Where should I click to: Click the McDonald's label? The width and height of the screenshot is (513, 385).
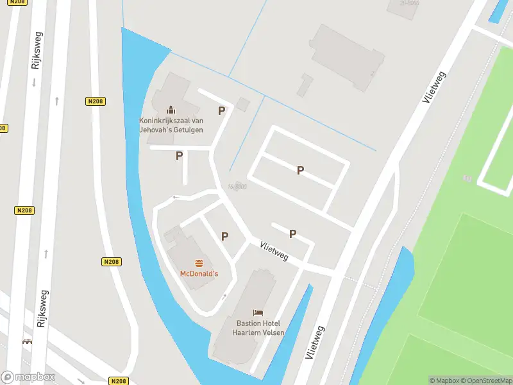(x=198, y=273)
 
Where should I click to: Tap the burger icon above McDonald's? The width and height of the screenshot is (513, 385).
(x=199, y=263)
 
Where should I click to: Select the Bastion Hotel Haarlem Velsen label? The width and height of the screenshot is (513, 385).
(x=258, y=328)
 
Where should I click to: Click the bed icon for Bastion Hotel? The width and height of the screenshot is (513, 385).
(x=258, y=312)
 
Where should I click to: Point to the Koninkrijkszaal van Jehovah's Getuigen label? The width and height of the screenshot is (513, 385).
(x=171, y=125)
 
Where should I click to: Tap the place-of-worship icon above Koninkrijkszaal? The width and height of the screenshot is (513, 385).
(x=171, y=110)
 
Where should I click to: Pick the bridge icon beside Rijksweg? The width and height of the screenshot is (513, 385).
(x=27, y=342)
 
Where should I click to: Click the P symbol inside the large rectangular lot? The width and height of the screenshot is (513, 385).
(x=299, y=170)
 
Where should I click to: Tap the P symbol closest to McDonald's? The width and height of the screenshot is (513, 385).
(x=224, y=236)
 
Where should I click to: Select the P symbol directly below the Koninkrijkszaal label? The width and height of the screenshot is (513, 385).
(x=180, y=155)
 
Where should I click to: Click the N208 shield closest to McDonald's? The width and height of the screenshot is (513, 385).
(x=112, y=262)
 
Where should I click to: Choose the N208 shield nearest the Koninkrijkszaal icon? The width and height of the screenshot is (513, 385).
(x=95, y=101)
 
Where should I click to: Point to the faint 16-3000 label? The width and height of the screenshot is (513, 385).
(x=237, y=187)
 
